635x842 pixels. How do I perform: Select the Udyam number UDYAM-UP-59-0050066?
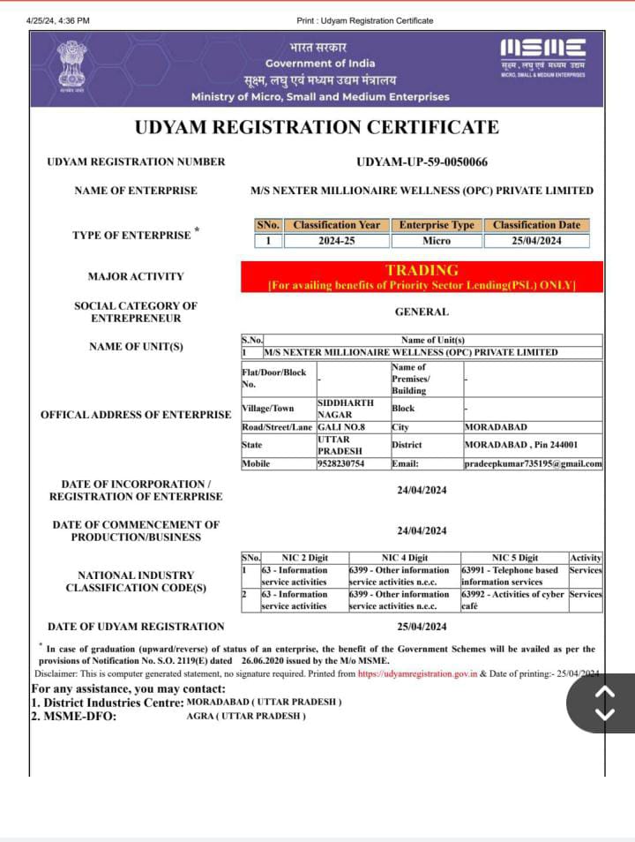[x=422, y=162]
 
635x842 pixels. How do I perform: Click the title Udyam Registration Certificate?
[x=317, y=127]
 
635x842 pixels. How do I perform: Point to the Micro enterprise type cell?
[x=437, y=240]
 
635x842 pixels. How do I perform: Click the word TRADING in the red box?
[x=422, y=270]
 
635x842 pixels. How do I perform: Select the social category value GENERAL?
[x=422, y=312]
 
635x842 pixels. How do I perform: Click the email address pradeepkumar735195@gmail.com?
[x=533, y=463]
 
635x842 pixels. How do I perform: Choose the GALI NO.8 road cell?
[x=340, y=427]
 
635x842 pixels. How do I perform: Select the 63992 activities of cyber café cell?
[x=513, y=600]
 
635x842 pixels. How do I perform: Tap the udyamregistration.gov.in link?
[x=417, y=673]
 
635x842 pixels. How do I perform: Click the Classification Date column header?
[x=536, y=225]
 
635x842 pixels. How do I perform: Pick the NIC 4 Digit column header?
[x=404, y=558]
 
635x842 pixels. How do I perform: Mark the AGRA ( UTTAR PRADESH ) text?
[x=246, y=716]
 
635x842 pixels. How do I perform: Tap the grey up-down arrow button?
[x=605, y=703]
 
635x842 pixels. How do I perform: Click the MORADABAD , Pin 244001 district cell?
[x=521, y=445]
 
